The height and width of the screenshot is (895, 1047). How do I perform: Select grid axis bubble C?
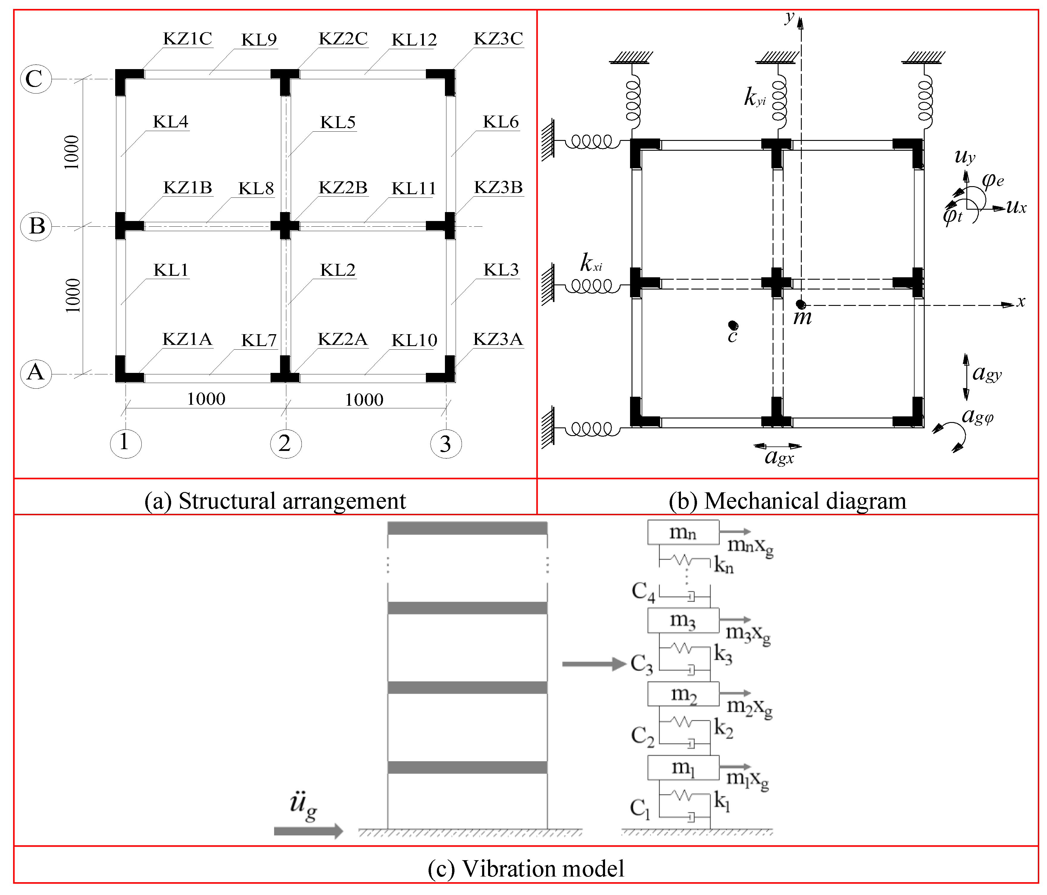35,79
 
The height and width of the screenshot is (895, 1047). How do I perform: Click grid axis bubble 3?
446,443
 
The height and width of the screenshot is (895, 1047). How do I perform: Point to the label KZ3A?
498,339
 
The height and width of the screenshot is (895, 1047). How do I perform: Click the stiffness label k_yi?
755,96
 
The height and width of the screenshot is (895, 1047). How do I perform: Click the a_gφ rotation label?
978,416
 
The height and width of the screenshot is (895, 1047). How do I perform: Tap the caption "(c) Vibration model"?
526,869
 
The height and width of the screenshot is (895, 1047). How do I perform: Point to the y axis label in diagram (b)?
789,18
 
